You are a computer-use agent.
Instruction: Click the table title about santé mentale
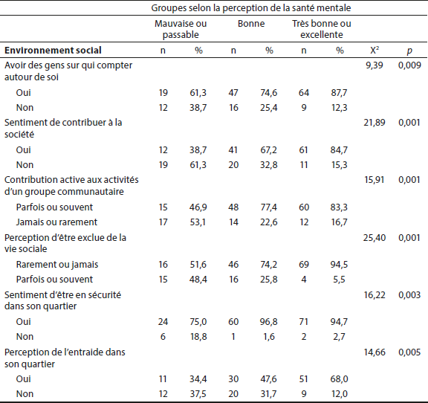point(251,8)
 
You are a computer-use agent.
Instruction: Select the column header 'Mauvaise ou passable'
point(181,29)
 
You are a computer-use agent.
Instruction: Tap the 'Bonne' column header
point(251,24)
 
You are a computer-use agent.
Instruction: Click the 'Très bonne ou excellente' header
point(322,29)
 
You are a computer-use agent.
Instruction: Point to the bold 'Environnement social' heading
point(53,51)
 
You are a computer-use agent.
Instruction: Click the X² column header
point(374,50)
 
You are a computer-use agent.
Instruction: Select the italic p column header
point(409,51)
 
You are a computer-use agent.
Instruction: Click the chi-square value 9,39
point(374,65)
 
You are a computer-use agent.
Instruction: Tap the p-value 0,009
point(409,65)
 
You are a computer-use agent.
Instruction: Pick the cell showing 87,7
point(339,93)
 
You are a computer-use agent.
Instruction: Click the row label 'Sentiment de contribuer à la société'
point(63,128)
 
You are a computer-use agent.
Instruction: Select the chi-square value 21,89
point(374,123)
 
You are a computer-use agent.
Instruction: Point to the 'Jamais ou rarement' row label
point(56,222)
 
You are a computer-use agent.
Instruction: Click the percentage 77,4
point(268,207)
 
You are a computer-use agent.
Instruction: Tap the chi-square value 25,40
point(374,238)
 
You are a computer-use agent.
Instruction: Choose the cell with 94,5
point(339,265)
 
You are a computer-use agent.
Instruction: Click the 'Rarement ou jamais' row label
point(57,265)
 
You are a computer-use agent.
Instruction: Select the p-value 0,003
point(409,294)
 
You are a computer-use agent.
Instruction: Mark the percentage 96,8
point(268,321)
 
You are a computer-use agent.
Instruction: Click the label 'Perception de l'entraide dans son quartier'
point(65,358)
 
